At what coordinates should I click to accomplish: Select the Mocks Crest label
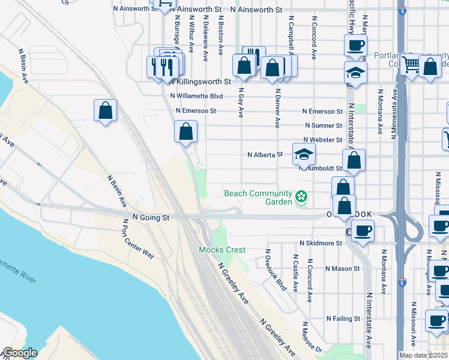point(223,249)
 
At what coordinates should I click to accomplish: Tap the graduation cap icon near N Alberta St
point(304,154)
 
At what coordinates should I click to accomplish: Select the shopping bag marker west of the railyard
point(105,110)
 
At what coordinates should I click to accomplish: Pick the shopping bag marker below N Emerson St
point(186,131)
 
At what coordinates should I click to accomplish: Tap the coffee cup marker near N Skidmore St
point(363,230)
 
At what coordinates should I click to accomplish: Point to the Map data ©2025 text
point(424,355)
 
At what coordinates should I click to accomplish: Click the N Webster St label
point(323,140)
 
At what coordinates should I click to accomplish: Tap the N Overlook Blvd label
point(273,269)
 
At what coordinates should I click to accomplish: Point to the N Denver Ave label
point(277,109)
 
